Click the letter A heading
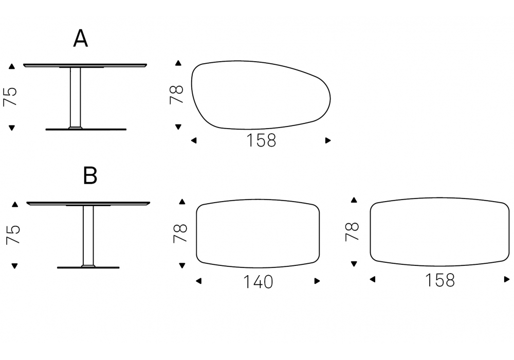pos(81,39)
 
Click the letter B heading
pos(90,175)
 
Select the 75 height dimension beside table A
pos(10,97)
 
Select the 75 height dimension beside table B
pos(13,235)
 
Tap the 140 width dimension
pos(258,282)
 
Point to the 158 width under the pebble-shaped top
pos(261,140)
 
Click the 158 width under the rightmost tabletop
pos(439,280)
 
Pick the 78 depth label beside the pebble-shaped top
pos(176,95)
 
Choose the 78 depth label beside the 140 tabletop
pos(180,233)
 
